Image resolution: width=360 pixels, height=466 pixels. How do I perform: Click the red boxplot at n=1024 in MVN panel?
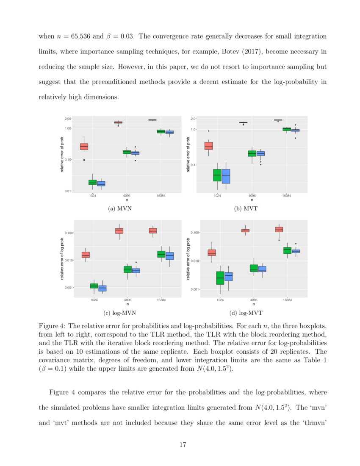[x=84, y=146]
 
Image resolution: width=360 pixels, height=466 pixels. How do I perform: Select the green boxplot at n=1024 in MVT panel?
[x=217, y=175]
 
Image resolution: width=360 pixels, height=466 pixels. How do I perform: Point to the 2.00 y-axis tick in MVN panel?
[x=68, y=119]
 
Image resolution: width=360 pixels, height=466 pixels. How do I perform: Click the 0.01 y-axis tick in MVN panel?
[x=68, y=191]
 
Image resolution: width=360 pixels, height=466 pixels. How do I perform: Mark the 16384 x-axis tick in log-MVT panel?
[x=287, y=300]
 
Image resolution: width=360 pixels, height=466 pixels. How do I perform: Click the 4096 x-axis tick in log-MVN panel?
[x=127, y=300]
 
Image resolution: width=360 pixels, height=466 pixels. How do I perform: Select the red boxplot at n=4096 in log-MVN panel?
[x=119, y=230]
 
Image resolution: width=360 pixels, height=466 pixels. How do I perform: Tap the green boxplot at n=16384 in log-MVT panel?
[x=287, y=250]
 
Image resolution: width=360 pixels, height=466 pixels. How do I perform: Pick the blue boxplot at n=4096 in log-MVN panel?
[x=136, y=271]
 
